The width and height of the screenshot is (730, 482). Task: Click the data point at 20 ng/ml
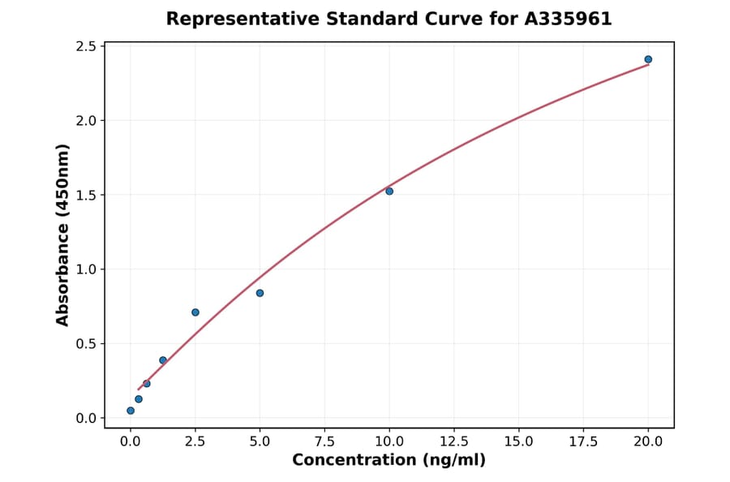click(648, 59)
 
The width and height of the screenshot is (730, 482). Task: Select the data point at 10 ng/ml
click(389, 192)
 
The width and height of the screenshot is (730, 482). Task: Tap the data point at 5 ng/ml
click(260, 293)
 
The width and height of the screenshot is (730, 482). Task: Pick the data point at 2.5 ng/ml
click(195, 312)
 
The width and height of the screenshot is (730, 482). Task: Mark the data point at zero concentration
click(131, 411)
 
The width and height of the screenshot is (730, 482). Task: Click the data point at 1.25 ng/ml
click(163, 360)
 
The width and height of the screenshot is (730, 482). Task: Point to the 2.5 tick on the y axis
click(86, 46)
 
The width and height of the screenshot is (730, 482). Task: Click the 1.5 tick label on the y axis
click(86, 195)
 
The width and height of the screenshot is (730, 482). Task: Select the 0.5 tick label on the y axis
click(86, 343)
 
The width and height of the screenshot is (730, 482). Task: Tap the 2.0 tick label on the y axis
click(86, 121)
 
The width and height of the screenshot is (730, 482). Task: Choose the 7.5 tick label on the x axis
click(324, 441)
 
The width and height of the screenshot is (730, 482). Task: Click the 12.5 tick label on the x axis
click(453, 441)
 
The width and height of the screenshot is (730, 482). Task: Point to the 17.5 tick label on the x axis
click(583, 441)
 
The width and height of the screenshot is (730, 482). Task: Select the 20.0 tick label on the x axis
click(648, 441)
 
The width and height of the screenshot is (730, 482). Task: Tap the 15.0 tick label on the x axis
click(518, 441)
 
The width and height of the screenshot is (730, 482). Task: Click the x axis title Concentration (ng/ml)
click(389, 461)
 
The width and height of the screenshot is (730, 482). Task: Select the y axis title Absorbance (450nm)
click(62, 235)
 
